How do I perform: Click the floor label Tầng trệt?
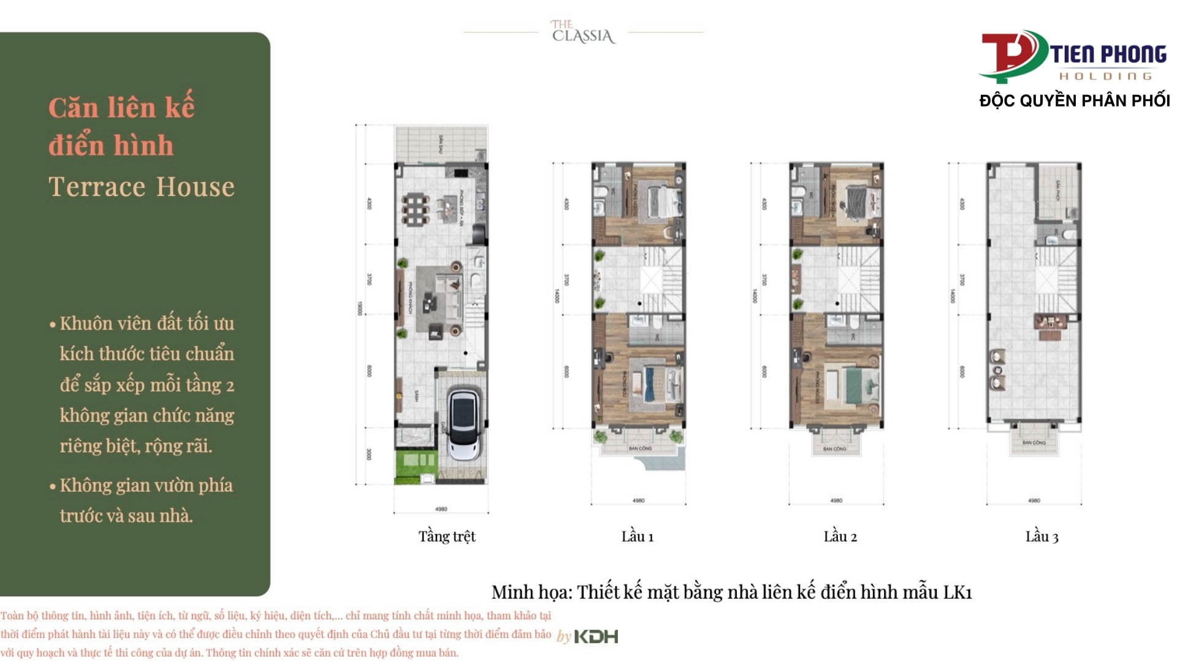point(447,537)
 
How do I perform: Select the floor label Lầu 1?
point(638,537)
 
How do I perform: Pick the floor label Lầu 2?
point(840,537)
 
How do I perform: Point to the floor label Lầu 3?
point(1042,537)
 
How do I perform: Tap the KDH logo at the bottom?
point(596,636)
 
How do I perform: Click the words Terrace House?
point(142,187)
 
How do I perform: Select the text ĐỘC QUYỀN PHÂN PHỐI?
point(1074,101)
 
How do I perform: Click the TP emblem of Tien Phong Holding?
point(1011,55)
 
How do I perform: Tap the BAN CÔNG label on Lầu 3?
point(1034,442)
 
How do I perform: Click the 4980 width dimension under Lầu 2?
point(836,500)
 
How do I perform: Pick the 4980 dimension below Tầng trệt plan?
point(441,509)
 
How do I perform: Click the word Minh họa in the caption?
point(531,592)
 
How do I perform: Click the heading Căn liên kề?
point(121,108)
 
